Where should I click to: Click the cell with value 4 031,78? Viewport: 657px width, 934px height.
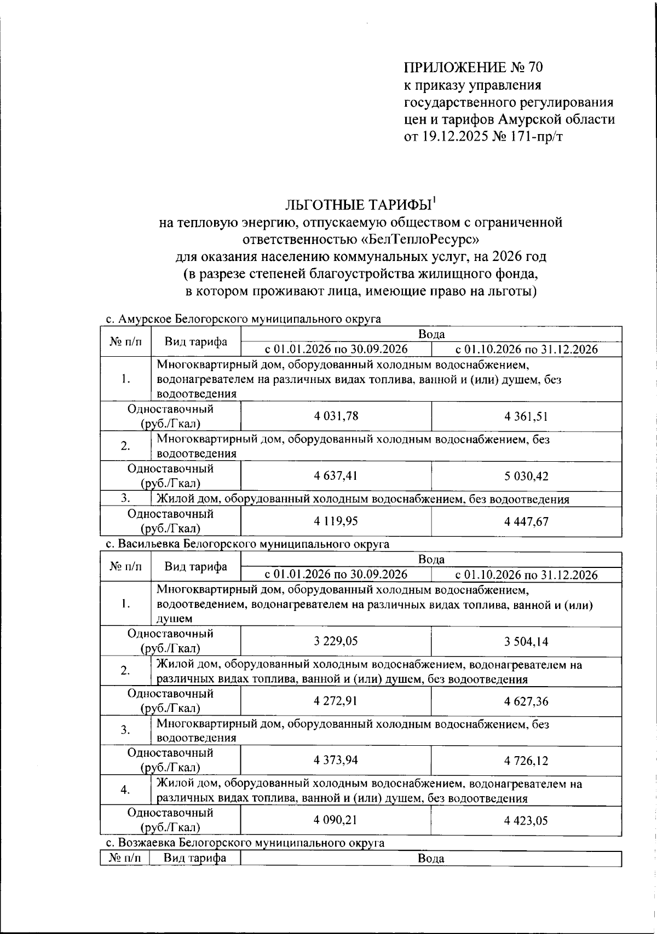[x=336, y=416]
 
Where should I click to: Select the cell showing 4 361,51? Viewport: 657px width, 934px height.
[x=526, y=416]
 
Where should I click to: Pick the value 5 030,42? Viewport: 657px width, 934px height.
[x=526, y=476]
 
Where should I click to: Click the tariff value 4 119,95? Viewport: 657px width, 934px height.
[x=336, y=521]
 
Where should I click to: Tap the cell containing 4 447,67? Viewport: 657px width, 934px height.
[x=526, y=521]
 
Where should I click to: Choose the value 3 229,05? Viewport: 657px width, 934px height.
[x=336, y=641]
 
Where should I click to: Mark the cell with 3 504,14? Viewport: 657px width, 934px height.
[x=526, y=642]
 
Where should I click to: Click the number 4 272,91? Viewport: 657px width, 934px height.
[x=336, y=701]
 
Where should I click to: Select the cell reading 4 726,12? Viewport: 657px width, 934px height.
[x=526, y=761]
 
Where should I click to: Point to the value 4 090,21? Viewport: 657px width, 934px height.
[x=336, y=820]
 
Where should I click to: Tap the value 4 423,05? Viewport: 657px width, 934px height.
[x=526, y=821]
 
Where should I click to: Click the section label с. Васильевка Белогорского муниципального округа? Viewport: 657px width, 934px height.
[x=247, y=544]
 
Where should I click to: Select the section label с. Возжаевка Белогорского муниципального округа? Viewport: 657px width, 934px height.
[x=244, y=843]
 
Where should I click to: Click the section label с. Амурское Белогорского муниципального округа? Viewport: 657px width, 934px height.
[x=243, y=319]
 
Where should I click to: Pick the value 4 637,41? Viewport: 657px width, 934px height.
[x=336, y=475]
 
